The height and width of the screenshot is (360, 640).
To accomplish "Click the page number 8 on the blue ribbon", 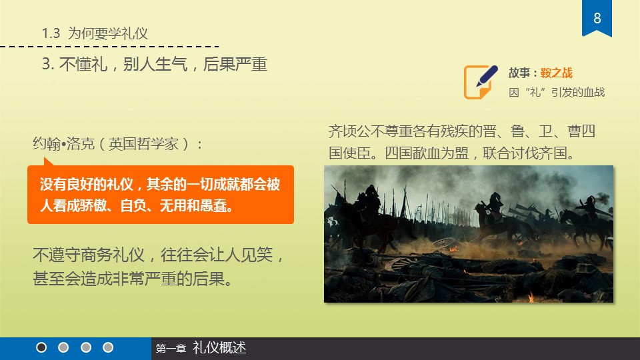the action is coord(597,18).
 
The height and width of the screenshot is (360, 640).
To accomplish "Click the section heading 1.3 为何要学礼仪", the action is coord(95,33).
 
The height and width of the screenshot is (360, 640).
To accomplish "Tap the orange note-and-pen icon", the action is coord(481,81).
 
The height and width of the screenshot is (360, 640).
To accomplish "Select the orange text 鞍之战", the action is coord(556,73).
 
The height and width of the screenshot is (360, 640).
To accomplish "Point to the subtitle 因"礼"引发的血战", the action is coord(557,92).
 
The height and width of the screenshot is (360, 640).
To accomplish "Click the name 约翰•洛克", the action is coord(64,144).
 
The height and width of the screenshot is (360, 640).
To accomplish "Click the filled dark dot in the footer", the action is coord(41,347).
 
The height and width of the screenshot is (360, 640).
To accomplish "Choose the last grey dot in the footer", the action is coord(108,347).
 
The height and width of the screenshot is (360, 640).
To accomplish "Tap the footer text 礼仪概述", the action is coord(219,348).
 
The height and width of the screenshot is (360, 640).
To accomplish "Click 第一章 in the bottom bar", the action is coord(171,349).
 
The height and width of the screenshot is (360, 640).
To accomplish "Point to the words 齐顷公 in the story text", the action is coord(349,131).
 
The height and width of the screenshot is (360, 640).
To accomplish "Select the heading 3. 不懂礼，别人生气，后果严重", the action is coord(154,64).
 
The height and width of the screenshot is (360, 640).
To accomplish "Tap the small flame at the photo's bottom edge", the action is coord(531,297).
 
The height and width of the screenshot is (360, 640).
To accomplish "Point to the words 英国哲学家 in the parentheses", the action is coord(144,144).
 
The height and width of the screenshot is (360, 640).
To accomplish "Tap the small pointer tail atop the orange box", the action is coord(48,162).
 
